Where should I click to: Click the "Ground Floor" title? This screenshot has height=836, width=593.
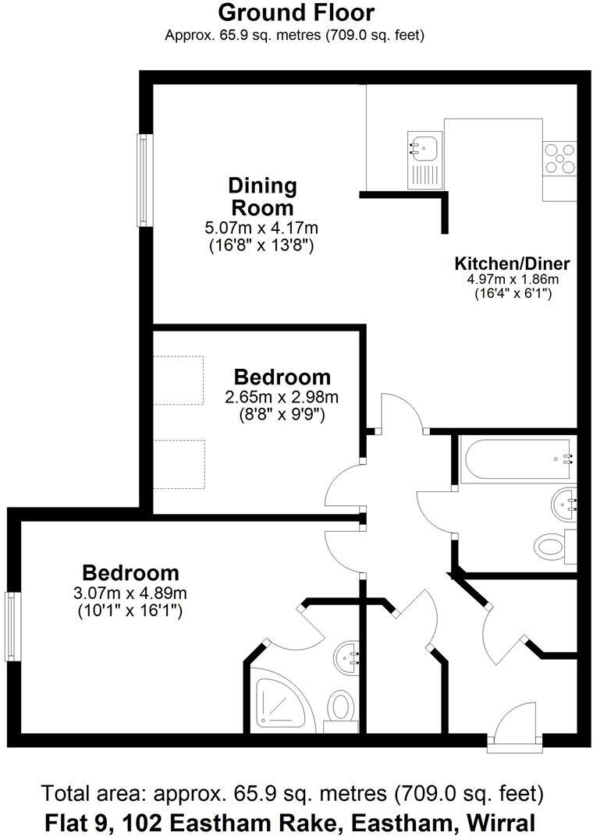(x=296, y=12)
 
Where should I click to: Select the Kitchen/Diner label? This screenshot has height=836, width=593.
(x=512, y=263)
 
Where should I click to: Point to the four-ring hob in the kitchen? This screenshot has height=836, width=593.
(x=559, y=158)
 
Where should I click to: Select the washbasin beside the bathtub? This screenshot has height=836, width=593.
(x=563, y=503)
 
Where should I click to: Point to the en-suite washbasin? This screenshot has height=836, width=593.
(x=346, y=657)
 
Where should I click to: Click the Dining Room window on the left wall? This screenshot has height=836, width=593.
(x=144, y=180)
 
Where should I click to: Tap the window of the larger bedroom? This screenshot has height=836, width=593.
(x=11, y=626)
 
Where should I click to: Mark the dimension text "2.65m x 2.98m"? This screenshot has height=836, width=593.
(x=282, y=397)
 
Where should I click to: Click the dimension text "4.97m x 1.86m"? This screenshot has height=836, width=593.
(x=513, y=279)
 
